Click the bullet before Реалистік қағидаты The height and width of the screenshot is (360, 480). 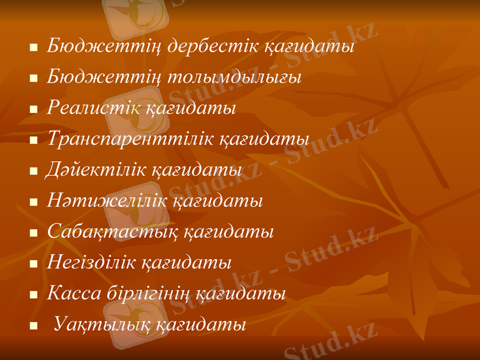pyautogui.click(x=34, y=110)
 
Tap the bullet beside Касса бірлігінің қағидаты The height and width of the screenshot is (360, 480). pyautogui.click(x=34, y=296)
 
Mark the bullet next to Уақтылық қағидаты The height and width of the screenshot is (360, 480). pyautogui.click(x=34, y=328)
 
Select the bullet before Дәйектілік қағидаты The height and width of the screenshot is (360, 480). pyautogui.click(x=34, y=172)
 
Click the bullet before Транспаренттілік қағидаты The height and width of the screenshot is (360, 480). pyautogui.click(x=34, y=141)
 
